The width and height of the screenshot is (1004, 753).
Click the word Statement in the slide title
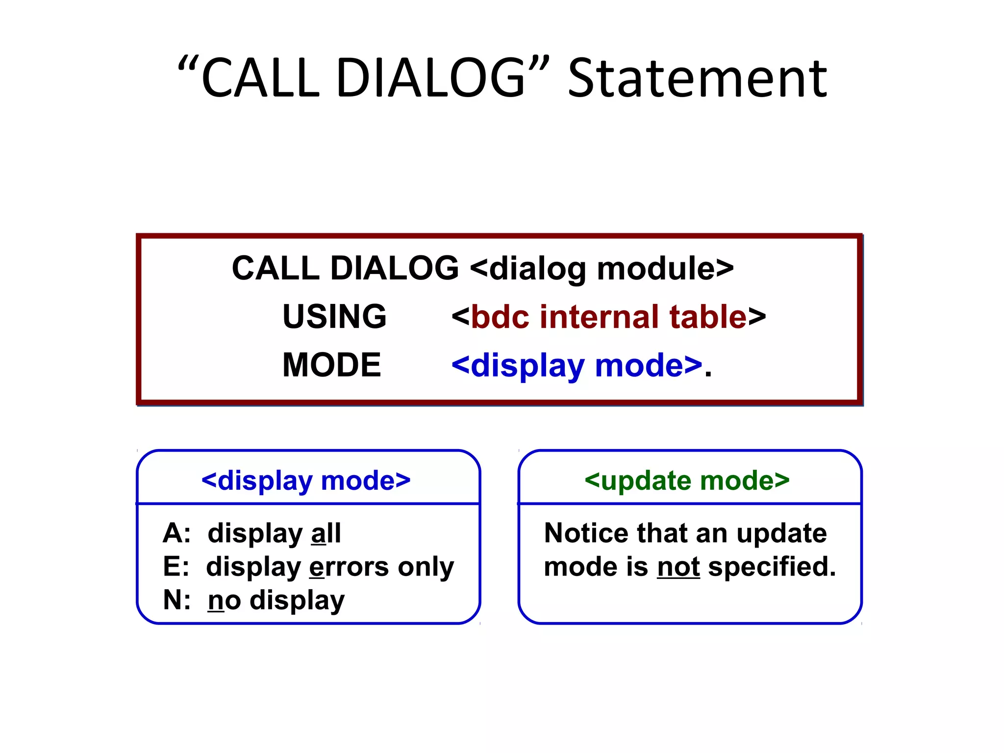(x=697, y=78)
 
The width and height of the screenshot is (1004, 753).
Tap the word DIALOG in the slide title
(x=430, y=78)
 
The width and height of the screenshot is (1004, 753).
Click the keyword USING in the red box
(x=334, y=316)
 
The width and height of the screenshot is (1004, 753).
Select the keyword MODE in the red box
(x=331, y=365)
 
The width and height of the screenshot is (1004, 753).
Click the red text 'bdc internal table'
(x=609, y=317)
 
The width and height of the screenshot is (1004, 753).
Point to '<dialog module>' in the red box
(x=602, y=269)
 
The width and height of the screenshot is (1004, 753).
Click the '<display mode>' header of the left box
(x=306, y=480)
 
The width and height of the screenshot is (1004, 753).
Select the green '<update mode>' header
(x=687, y=480)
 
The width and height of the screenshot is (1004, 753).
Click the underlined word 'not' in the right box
(x=678, y=567)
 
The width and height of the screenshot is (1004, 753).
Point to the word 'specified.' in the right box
(x=772, y=567)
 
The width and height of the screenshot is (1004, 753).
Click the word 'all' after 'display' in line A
(x=326, y=533)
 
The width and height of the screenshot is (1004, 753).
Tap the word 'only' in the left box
(x=426, y=568)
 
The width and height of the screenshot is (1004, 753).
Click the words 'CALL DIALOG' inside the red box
(x=345, y=269)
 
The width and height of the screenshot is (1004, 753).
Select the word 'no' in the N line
(x=225, y=601)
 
